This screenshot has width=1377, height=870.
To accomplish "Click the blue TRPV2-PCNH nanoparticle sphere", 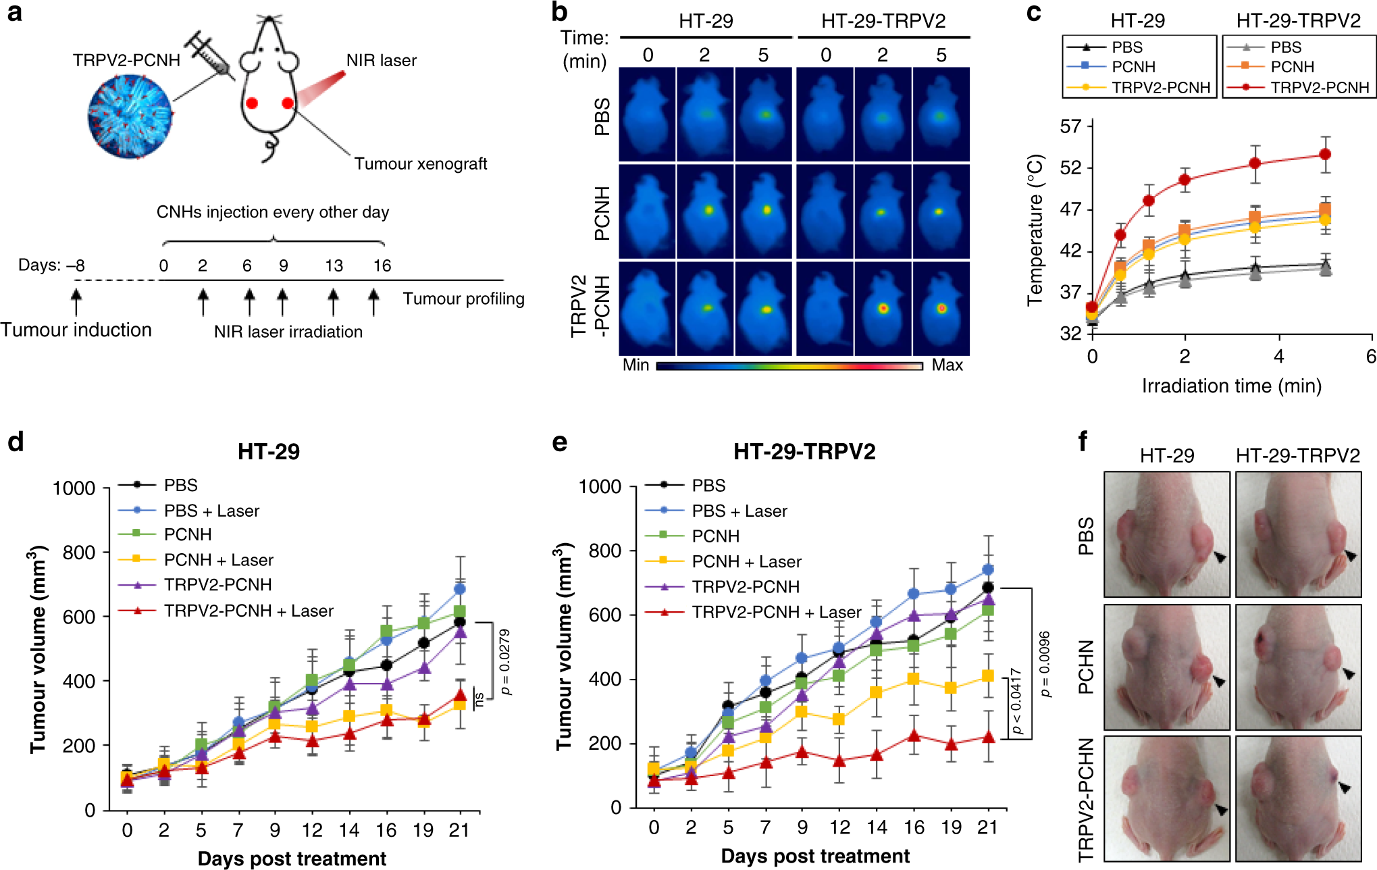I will (x=130, y=116).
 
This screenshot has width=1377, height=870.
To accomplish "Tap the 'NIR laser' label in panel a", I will (x=381, y=61).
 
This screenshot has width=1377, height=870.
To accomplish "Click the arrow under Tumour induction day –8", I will (x=76, y=301).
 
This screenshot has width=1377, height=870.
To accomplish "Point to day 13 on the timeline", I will (x=334, y=265).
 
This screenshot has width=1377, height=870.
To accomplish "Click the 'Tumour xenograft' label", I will (x=421, y=164).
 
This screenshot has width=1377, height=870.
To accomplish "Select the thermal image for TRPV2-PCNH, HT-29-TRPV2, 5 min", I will (x=941, y=309).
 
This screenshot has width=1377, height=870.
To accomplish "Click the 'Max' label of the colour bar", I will (x=947, y=365).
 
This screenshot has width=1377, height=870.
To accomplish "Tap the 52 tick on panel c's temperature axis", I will (x=1070, y=168).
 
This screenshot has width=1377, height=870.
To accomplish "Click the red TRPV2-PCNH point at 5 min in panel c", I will (x=1325, y=155).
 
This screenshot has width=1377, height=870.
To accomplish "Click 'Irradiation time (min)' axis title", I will (x=1231, y=386).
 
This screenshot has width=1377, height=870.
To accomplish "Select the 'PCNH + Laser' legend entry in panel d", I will (x=218, y=560).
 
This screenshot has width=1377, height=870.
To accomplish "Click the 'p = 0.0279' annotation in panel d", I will (x=504, y=661).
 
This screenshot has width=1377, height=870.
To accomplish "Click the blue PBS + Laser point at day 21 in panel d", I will (x=460, y=589).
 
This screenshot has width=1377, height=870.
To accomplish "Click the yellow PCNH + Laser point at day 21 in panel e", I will (x=987, y=675).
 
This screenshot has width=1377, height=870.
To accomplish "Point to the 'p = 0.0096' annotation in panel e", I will (x=1045, y=664).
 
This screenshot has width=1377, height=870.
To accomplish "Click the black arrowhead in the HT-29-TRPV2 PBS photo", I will (x=1350, y=555).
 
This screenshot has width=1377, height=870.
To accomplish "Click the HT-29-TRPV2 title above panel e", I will (x=804, y=451).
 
